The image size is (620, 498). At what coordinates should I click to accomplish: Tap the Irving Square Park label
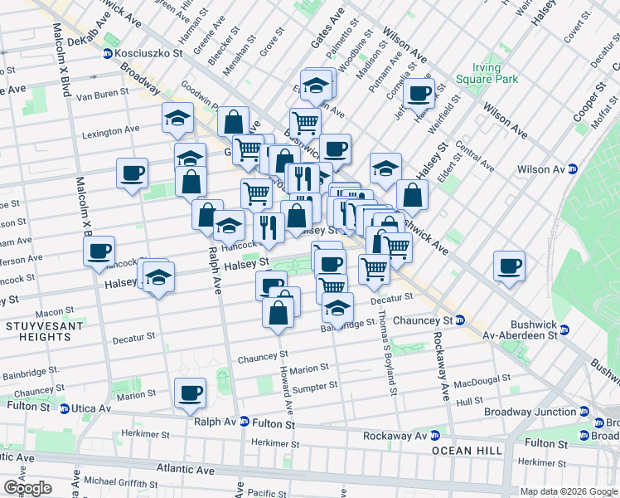(485, 73)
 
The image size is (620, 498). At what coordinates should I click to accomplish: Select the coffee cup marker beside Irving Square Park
(419, 93)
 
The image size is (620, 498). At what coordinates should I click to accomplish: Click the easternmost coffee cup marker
(510, 266)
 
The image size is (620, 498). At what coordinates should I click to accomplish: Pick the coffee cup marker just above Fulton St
(191, 393)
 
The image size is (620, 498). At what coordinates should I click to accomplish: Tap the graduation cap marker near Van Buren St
(177, 119)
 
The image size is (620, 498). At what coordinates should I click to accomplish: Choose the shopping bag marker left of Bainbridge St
(279, 315)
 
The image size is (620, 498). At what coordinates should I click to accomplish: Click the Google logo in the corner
(27, 488)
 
